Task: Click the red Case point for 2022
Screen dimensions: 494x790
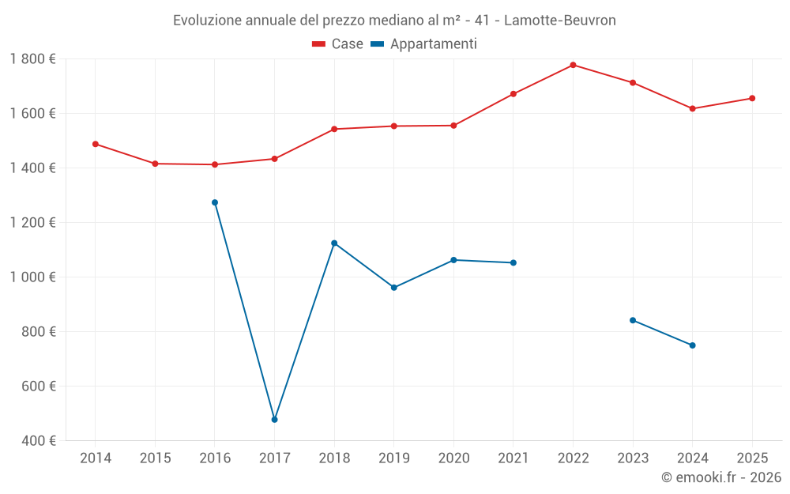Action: (x=573, y=65)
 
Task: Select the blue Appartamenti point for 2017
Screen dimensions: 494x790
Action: (x=274, y=420)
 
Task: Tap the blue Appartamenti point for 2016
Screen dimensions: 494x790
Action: (x=215, y=202)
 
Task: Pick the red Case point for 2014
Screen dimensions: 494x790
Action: (x=96, y=144)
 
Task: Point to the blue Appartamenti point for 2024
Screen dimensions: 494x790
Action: (x=692, y=345)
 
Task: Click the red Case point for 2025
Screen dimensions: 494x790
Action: (x=752, y=98)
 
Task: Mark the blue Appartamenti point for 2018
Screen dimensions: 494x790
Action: (x=334, y=243)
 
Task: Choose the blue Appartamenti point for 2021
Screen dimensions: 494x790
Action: (x=513, y=262)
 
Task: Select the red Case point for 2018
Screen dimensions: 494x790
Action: (x=334, y=129)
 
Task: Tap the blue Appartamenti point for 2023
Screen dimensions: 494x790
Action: (x=633, y=320)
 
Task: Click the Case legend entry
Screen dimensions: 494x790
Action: (x=337, y=44)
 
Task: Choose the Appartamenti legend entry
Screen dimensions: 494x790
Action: (x=423, y=44)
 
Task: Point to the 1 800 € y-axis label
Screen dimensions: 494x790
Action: (x=33, y=59)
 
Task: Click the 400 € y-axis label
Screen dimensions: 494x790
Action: (x=38, y=440)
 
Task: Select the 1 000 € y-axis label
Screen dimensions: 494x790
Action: (x=33, y=277)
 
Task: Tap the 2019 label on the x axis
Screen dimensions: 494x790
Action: (x=393, y=458)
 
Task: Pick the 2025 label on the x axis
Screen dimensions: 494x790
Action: (x=752, y=458)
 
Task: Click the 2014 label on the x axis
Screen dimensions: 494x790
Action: (x=96, y=458)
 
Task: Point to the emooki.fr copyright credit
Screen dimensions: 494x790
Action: (x=721, y=477)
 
